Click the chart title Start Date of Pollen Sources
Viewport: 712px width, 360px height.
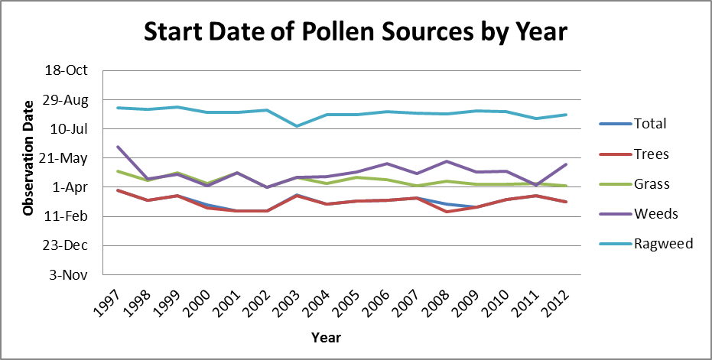coord(355,32)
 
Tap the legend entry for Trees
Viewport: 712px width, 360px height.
coord(634,154)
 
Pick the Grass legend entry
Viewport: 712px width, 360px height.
coord(634,184)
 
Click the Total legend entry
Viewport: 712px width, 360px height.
coord(632,124)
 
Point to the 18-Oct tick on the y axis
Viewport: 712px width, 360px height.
coord(67,70)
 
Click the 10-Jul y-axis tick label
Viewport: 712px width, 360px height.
coord(69,129)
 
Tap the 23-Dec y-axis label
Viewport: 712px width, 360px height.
coord(67,245)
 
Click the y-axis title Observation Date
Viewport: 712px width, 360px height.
coord(28,157)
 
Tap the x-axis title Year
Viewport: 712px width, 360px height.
coord(326,338)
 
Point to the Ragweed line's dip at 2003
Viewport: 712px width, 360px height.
coord(297,126)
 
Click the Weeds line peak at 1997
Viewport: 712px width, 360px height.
coord(118,147)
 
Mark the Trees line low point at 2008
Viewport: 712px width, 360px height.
coord(447,212)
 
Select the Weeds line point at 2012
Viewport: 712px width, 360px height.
coord(566,164)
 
